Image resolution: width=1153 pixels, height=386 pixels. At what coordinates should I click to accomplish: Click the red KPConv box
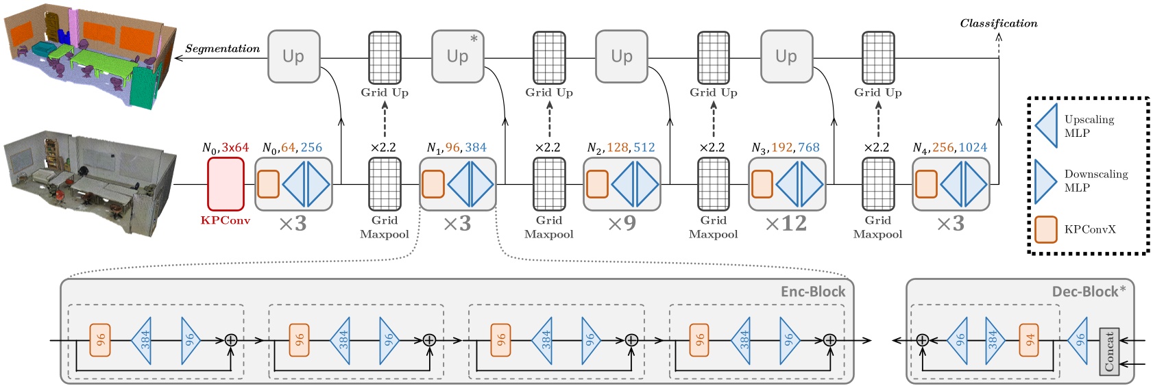[226, 183]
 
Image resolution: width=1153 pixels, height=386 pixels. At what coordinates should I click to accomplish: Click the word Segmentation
[223, 49]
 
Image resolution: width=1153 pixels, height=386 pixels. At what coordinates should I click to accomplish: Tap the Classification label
[998, 23]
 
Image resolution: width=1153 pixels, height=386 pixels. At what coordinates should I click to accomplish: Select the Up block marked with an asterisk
[458, 56]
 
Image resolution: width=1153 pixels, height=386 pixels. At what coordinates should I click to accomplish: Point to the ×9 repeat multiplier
[621, 224]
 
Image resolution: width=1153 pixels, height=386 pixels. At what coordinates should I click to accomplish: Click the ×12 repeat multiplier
[786, 224]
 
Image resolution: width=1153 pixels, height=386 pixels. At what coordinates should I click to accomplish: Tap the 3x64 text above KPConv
[235, 148]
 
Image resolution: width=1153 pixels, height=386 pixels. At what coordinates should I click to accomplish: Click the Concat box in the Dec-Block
[1109, 351]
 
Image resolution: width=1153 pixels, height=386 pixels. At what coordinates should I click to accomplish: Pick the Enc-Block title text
[812, 292]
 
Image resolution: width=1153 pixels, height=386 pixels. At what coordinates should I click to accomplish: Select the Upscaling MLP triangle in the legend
[1046, 126]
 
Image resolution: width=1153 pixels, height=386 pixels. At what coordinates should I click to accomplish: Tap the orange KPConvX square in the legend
[1046, 229]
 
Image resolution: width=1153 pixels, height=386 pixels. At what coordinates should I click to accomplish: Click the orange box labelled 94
[1030, 340]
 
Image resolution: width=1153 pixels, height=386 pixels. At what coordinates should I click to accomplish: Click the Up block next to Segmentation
[293, 56]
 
